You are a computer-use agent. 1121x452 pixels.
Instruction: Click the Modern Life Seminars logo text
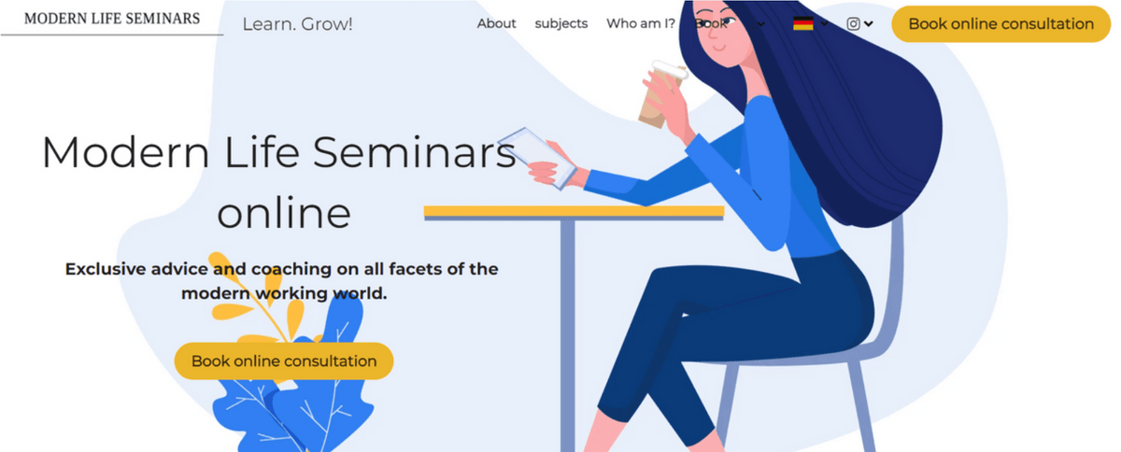(112, 19)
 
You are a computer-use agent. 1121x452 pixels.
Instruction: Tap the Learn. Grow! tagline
(297, 24)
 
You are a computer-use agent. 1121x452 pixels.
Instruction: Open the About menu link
(496, 23)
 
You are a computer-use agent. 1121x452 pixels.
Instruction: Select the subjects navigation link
(561, 23)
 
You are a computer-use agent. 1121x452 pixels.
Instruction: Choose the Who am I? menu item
(640, 23)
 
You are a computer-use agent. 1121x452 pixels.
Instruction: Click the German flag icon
(802, 23)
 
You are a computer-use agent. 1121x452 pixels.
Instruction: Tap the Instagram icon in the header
(853, 23)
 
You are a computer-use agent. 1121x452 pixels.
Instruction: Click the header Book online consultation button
(1000, 24)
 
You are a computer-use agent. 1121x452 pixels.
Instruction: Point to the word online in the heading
(284, 213)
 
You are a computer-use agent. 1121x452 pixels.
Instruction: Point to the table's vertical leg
(567, 336)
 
